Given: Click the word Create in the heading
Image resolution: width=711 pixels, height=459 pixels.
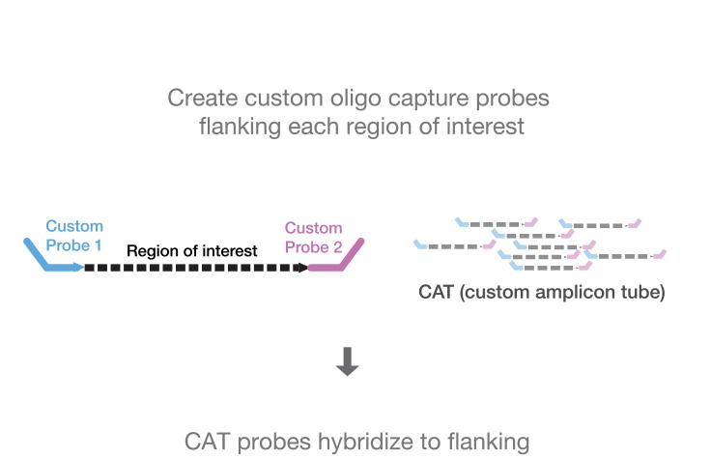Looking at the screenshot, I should (x=201, y=98).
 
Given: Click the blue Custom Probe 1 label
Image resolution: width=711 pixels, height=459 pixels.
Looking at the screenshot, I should (x=73, y=236).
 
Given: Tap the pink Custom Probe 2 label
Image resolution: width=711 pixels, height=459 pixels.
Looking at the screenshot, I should (x=313, y=238).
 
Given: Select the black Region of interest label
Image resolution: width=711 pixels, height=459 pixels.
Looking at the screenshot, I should (x=192, y=250).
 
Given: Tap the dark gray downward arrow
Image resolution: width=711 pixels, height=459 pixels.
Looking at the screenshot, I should (x=348, y=360).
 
